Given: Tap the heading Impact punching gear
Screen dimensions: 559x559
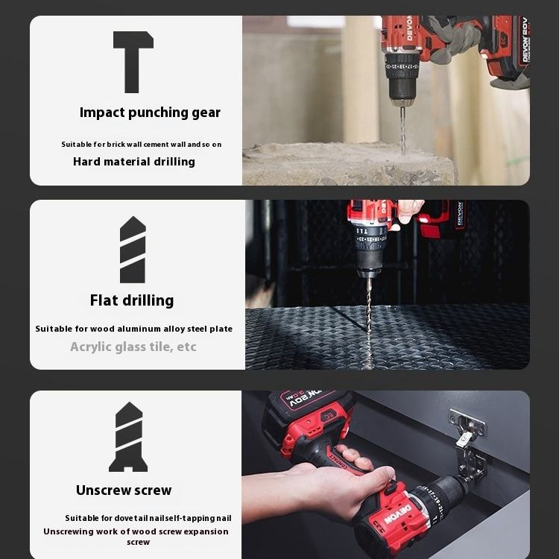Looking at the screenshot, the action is tap(150, 113).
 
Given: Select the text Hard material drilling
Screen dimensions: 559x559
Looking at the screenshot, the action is tap(134, 162).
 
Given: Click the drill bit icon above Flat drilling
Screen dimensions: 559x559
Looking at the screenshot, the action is tap(133, 250).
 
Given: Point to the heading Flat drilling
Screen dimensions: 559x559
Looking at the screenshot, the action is tap(132, 300).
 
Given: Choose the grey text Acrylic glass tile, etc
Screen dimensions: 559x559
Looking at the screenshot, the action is tap(133, 347).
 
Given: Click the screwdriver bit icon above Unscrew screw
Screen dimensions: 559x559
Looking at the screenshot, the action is tap(128, 437).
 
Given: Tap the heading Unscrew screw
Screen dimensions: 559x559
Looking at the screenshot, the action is tap(124, 490).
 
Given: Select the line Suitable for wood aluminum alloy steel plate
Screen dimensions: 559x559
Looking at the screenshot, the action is tap(133, 329).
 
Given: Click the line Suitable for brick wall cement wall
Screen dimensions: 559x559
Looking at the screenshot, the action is tap(141, 145).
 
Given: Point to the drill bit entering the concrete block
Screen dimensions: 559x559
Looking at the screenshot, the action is tap(402, 130).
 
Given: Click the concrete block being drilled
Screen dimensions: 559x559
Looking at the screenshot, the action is tap(350, 164).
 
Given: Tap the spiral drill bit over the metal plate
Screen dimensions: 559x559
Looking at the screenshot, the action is tap(369, 320).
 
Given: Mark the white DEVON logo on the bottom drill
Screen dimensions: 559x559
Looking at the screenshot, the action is tap(398, 514).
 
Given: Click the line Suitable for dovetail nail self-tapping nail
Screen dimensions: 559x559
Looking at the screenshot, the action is tap(148, 518).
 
